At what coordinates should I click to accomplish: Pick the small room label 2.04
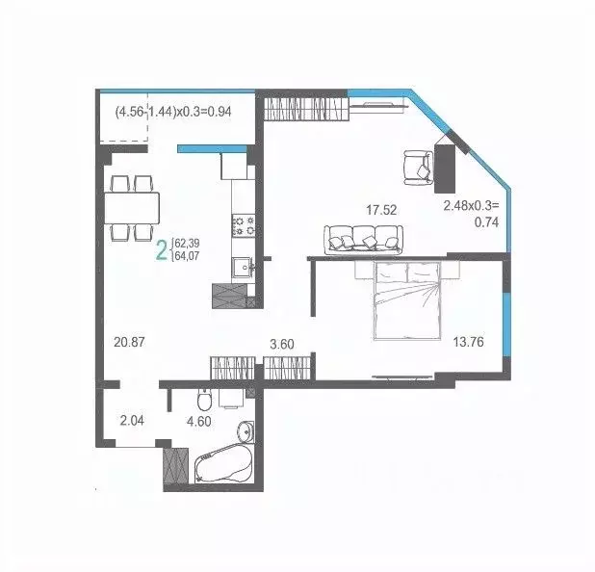click(x=131, y=420)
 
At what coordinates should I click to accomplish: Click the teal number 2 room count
click(x=162, y=250)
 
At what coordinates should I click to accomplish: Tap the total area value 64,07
click(x=187, y=256)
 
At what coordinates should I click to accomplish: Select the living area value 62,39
click(x=187, y=243)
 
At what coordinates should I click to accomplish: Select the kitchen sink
click(x=240, y=266)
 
